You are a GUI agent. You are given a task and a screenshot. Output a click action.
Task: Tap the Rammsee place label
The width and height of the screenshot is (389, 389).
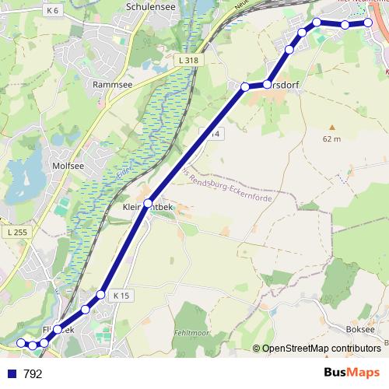point(110,83)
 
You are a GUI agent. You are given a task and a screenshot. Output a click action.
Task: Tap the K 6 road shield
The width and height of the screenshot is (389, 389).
point(53,10)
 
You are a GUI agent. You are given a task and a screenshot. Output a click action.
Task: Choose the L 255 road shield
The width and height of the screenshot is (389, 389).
point(15,233)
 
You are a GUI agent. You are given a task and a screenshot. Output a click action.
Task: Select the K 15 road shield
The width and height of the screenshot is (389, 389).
point(121,296)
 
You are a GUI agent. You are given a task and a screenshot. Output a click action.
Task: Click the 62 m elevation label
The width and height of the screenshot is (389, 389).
point(331,138)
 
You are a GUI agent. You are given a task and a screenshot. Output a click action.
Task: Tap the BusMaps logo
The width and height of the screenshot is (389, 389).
point(352,373)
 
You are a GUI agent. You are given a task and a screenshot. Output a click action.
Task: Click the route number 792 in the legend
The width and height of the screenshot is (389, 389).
point(33,374)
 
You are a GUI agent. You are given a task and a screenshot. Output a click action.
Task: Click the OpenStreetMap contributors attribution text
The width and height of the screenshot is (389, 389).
point(321,349)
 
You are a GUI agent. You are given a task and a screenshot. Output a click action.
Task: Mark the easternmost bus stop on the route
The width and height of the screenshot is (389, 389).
point(370,23)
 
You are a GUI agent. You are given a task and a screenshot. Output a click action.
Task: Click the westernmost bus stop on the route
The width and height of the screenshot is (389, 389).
point(21,342)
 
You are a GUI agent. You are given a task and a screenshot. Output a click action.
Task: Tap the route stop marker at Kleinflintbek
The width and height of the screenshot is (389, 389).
point(148,202)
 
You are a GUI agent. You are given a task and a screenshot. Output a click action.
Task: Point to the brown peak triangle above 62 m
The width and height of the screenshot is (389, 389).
point(331,127)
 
